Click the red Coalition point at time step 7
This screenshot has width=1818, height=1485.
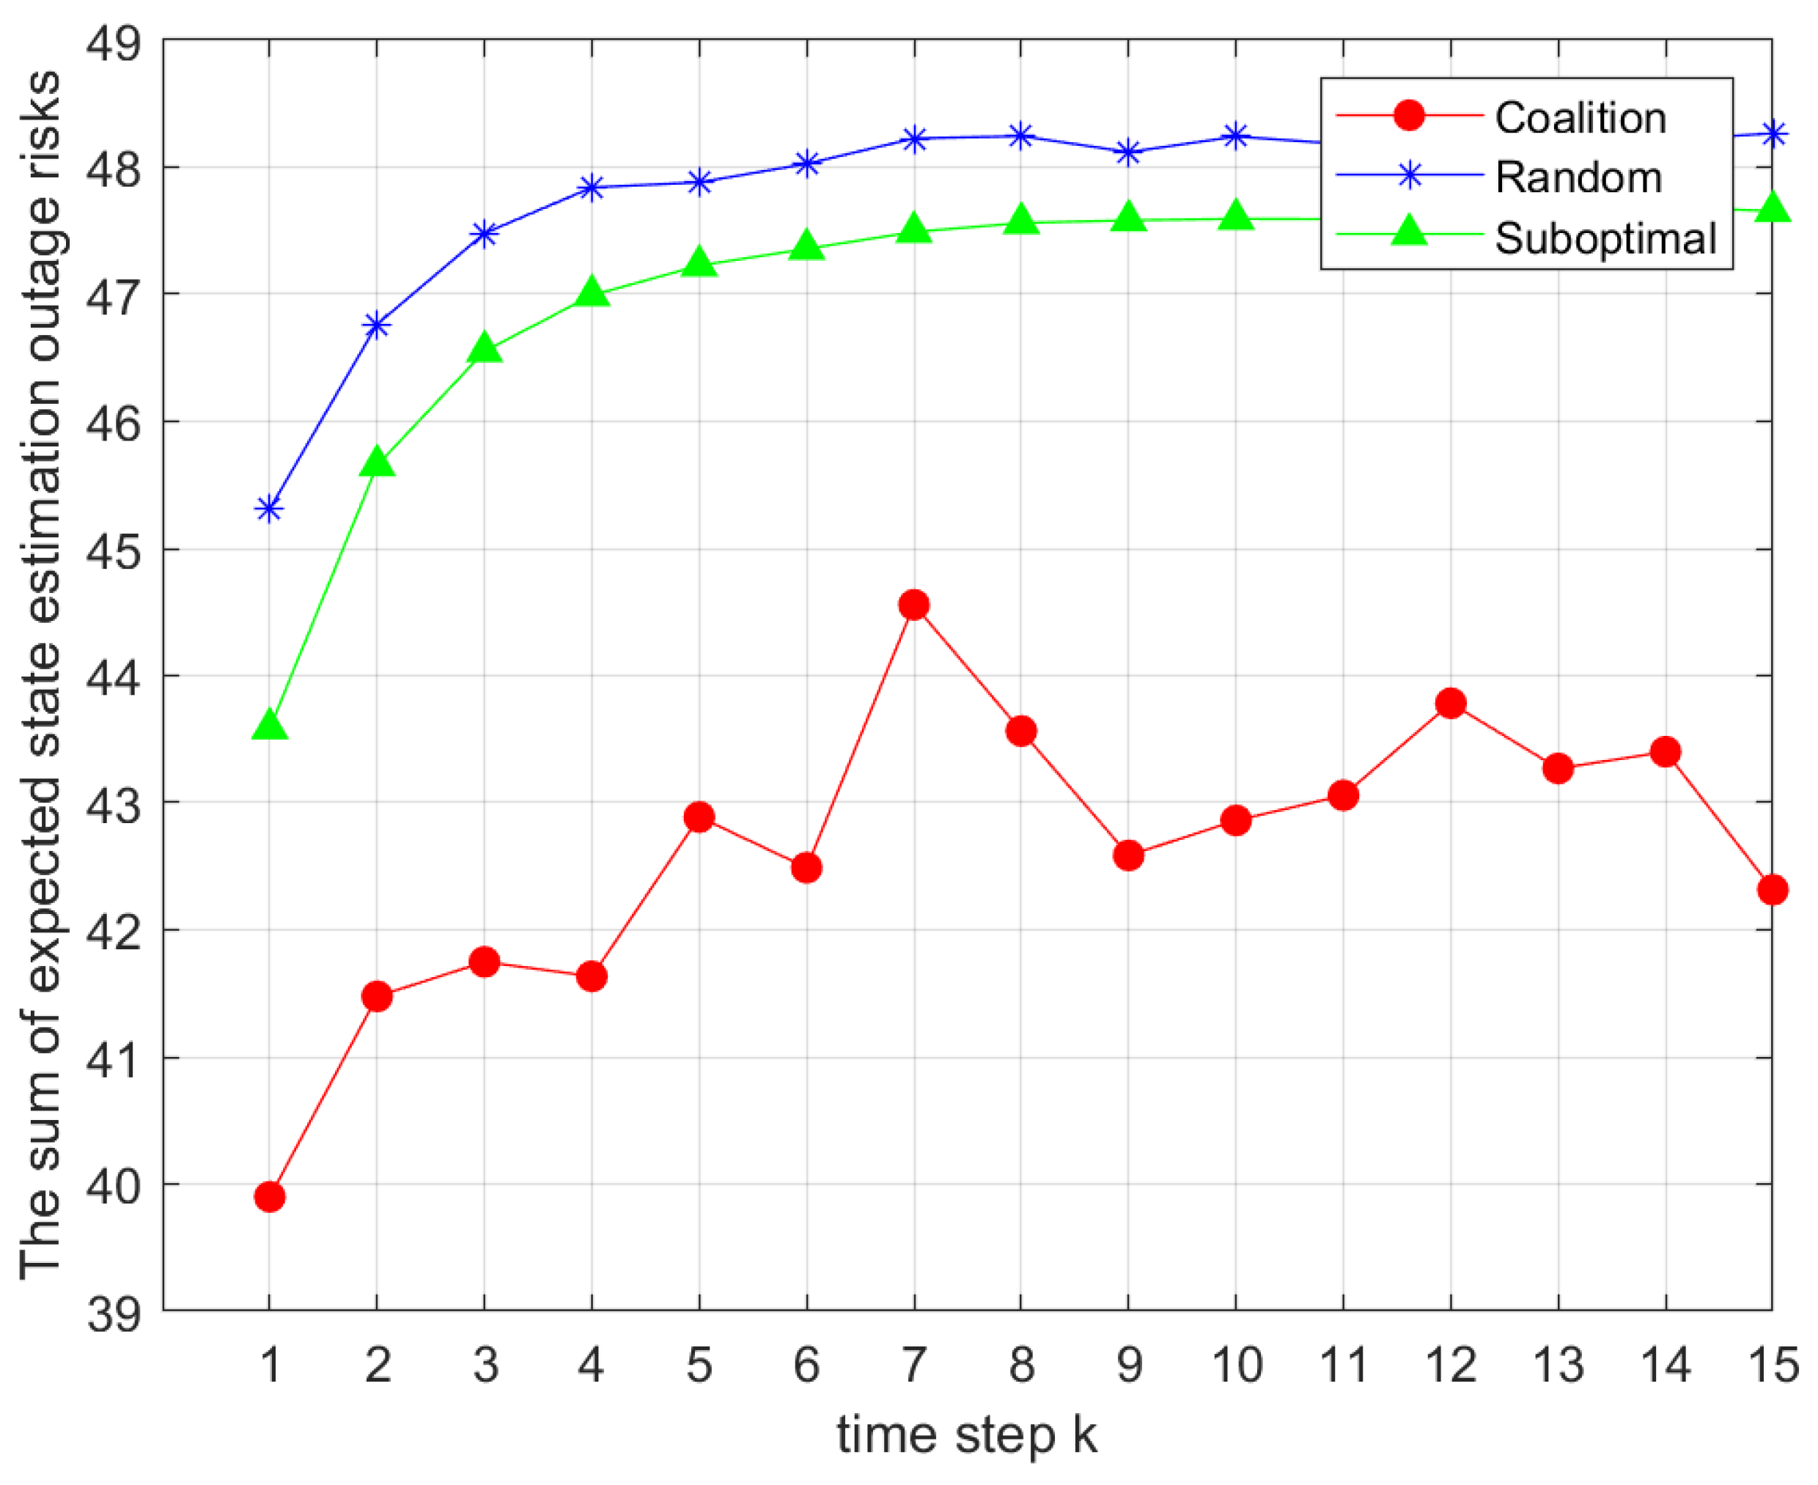pyautogui.click(x=913, y=605)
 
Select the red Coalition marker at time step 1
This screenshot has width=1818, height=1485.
pyautogui.click(x=270, y=1197)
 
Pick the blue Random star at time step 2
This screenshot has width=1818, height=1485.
pyautogui.click(x=377, y=325)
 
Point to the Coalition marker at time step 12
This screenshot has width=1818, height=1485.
pyautogui.click(x=1451, y=704)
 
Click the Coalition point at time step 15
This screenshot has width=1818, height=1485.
pyautogui.click(x=1772, y=890)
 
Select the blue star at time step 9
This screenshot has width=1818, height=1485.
pyautogui.click(x=1128, y=153)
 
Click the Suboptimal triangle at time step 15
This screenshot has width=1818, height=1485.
pyautogui.click(x=1772, y=209)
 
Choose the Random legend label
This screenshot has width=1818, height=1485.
pyautogui.click(x=1578, y=178)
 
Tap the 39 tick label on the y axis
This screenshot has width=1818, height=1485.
pyautogui.click(x=113, y=1312)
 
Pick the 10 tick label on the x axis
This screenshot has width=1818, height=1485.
pyautogui.click(x=1236, y=1363)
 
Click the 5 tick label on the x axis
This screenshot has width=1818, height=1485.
pyautogui.click(x=699, y=1363)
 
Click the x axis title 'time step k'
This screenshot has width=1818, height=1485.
pyautogui.click(x=967, y=1434)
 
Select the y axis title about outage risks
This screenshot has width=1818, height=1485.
pyautogui.click(x=41, y=676)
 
